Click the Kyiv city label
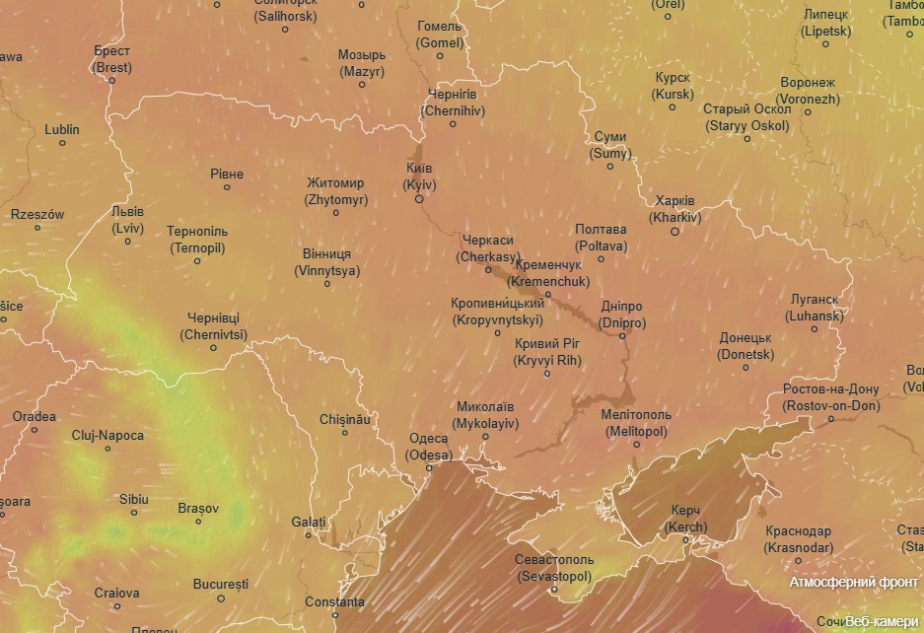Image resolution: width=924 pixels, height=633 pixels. pos(420,176)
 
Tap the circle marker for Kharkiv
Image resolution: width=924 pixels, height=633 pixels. pos(675,232)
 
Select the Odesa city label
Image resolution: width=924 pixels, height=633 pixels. pos(428,447)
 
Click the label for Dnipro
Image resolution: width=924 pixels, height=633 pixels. pos(622,315)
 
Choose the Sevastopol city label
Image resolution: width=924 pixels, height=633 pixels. pos(553,567)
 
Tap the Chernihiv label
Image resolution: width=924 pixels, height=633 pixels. pos(453,103)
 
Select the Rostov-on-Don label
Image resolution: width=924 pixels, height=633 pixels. pos(830,397)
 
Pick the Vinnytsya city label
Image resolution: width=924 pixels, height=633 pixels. pos(327,261)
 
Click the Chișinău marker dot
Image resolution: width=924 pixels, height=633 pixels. pos(345,433)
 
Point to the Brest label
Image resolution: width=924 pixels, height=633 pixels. pos(111,59)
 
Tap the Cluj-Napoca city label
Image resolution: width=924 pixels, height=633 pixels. pos(107,435)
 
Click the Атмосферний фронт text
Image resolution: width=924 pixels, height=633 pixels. pos(854,582)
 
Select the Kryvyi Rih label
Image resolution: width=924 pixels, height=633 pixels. pos(547,352)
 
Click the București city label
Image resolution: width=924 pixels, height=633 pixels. pos(221,584)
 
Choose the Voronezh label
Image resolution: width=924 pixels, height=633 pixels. pos(808,91)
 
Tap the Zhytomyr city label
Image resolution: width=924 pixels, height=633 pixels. pos(335,191)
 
